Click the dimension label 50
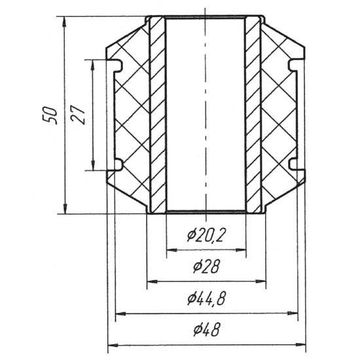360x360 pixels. (50, 115)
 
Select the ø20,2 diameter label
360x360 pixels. (206, 236)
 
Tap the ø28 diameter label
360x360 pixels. (206, 266)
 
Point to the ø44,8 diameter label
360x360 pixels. (206, 298)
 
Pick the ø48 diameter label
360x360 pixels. (207, 330)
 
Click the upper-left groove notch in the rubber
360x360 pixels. (115, 66)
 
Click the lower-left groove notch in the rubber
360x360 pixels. (115, 165)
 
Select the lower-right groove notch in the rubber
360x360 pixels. (297, 164)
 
